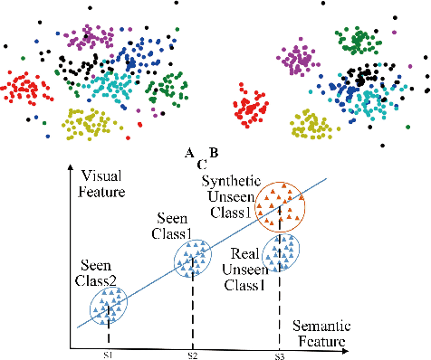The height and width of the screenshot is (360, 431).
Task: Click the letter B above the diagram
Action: click(214, 152)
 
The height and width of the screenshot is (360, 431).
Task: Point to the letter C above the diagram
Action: click(201, 166)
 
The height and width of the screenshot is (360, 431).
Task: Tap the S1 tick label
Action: click(108, 355)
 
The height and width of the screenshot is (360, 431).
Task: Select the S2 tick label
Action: click(191, 355)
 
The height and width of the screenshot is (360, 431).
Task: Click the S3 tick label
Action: click(280, 355)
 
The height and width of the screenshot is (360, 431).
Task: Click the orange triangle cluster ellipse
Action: click(282, 204)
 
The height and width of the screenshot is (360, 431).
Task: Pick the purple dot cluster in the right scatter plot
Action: click(295, 62)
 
